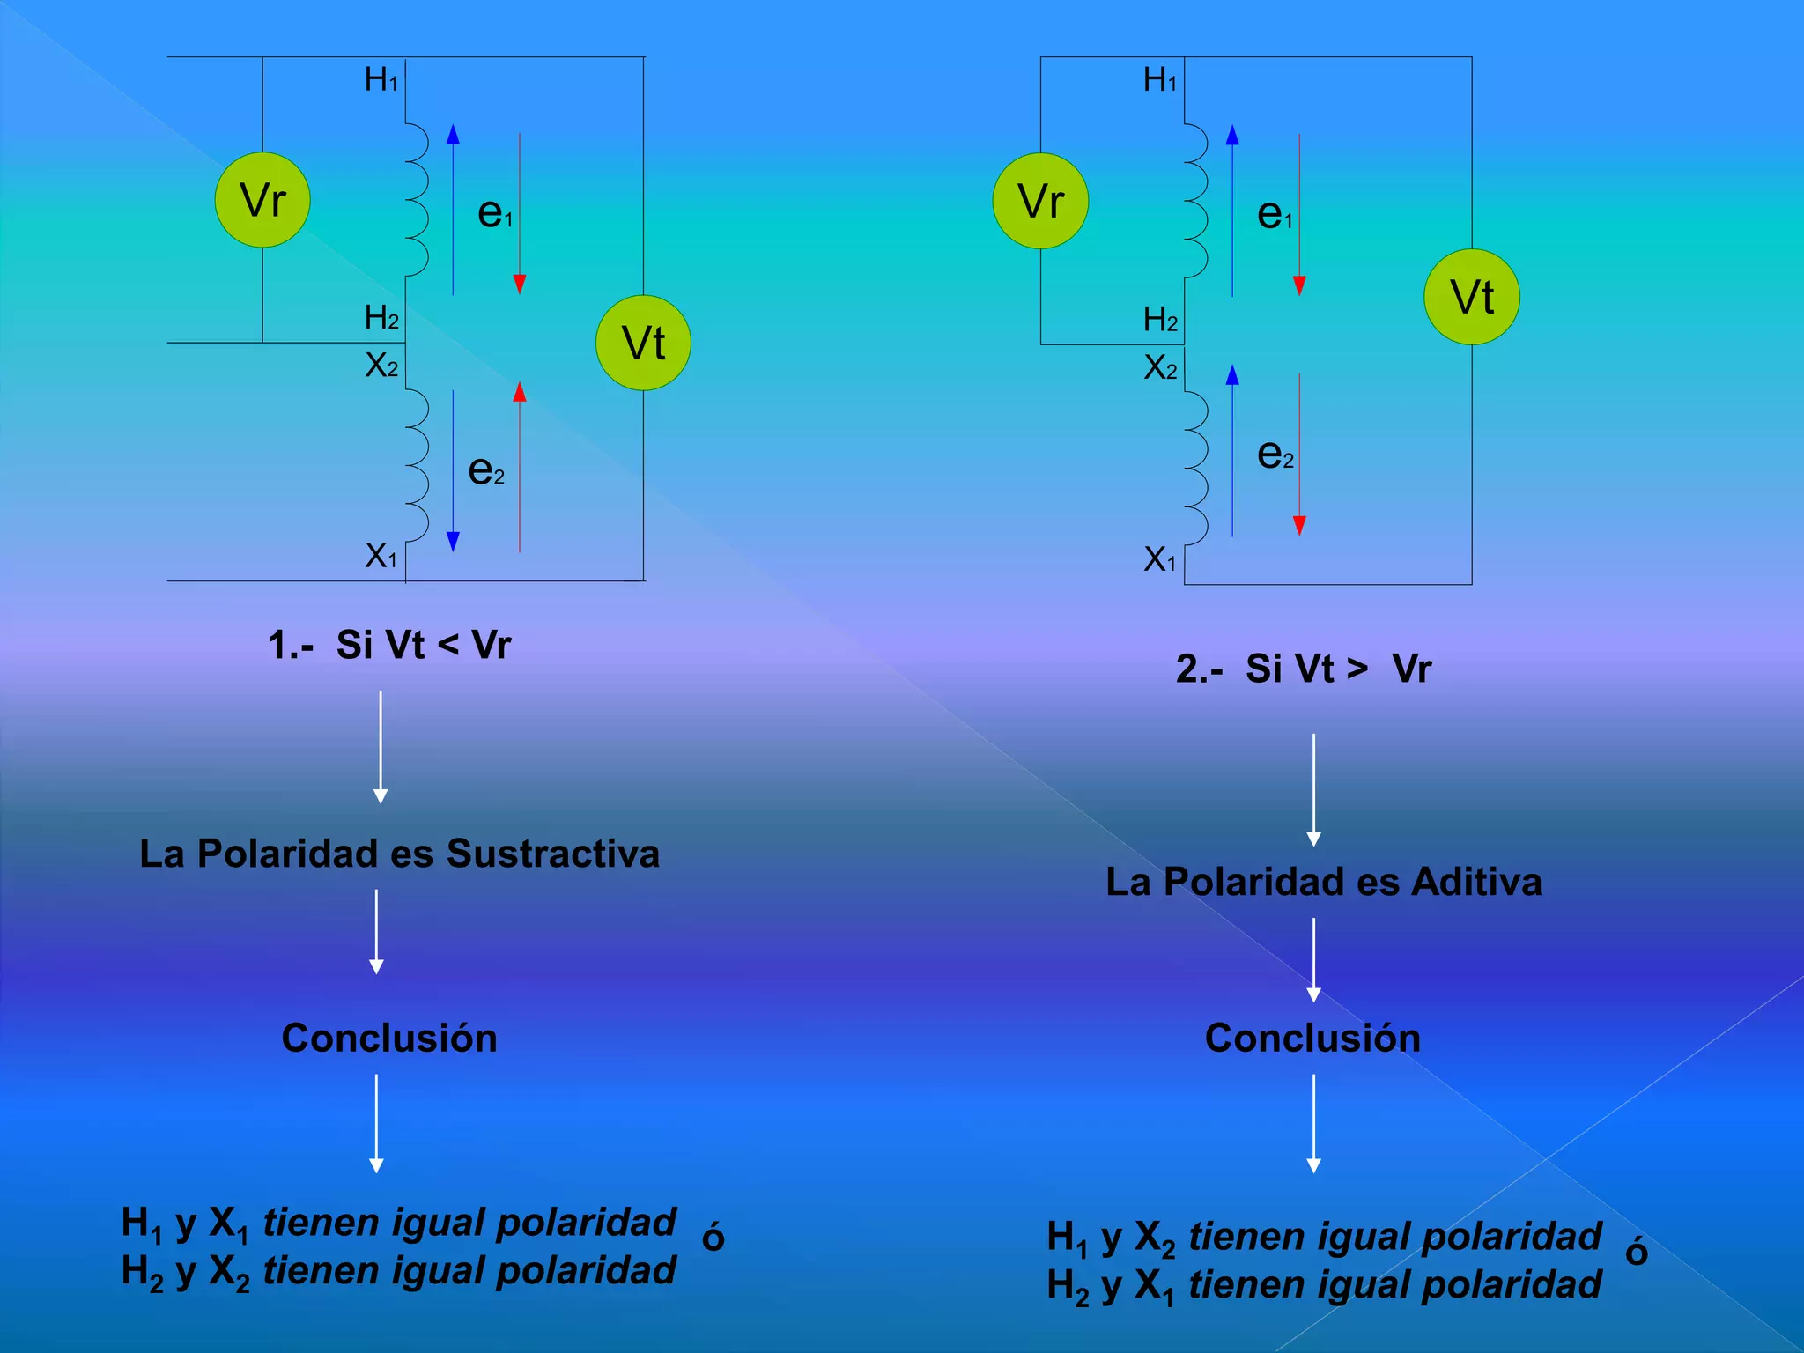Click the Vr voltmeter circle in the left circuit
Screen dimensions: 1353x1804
[x=262, y=200]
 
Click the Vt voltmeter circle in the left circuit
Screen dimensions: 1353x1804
[x=643, y=343]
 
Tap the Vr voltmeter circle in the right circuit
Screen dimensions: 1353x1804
[x=1040, y=201]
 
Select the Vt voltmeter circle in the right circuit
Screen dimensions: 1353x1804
[x=1471, y=297]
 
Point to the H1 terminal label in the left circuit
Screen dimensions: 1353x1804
[x=381, y=80]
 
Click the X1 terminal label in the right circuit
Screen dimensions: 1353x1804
[x=1159, y=559]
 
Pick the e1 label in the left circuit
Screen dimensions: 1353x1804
[x=494, y=212]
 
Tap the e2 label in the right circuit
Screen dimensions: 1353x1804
[x=1275, y=455]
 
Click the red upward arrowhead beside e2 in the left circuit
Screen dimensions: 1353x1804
[x=520, y=392]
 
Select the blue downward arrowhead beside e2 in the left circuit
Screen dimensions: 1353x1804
[x=453, y=542]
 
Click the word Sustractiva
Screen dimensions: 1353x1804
[x=552, y=854]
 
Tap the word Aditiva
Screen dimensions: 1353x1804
[x=1476, y=882]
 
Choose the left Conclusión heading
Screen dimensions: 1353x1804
[x=389, y=1038]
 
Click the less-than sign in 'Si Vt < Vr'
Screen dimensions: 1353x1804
[x=447, y=646]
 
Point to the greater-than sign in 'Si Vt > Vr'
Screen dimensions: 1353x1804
[x=1357, y=669]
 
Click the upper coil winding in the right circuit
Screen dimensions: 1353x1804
[x=1195, y=201]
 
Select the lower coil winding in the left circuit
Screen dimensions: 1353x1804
[x=417, y=465]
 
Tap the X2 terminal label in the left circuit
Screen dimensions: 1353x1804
[x=381, y=365]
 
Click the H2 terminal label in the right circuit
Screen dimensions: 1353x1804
[x=1159, y=320]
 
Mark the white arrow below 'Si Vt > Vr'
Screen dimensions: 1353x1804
[x=1313, y=789]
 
